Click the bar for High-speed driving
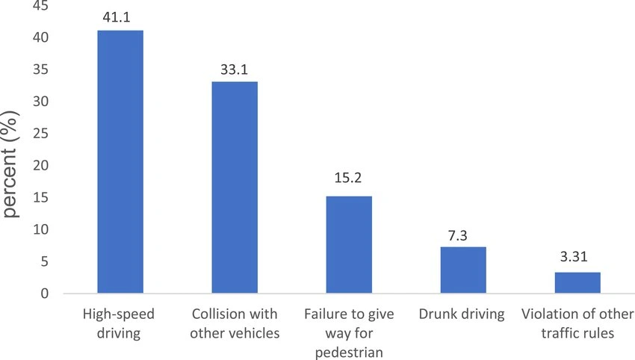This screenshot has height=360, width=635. point(120,162)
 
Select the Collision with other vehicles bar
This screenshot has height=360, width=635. point(235,187)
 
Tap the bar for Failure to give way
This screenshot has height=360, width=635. point(349,245)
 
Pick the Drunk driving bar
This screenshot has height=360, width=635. point(463,270)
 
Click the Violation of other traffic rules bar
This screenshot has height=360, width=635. point(577,282)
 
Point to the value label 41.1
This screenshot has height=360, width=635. point(120,16)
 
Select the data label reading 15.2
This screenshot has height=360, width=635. point(349,181)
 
